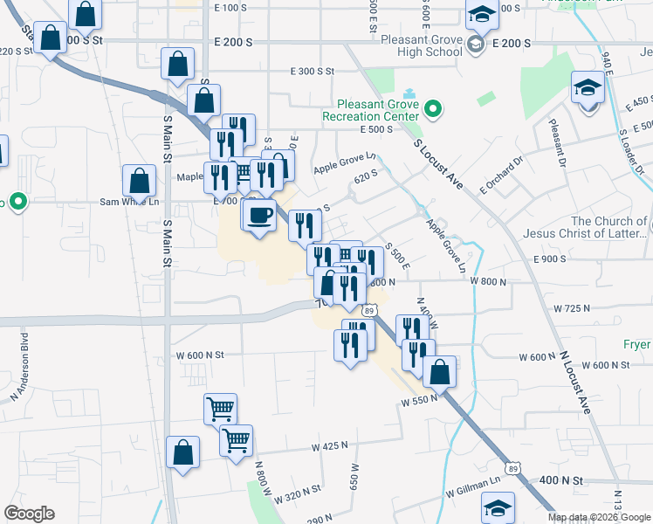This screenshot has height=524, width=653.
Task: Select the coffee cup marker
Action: pos(260,215)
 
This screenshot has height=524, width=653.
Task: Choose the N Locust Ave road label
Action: pos(575,382)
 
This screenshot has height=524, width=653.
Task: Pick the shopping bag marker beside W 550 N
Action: pos(440,371)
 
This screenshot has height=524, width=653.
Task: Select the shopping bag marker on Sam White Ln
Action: pos(140,181)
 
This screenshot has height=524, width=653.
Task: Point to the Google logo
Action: pos(29,514)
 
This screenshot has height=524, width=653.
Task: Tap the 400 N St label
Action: pos(560,480)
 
